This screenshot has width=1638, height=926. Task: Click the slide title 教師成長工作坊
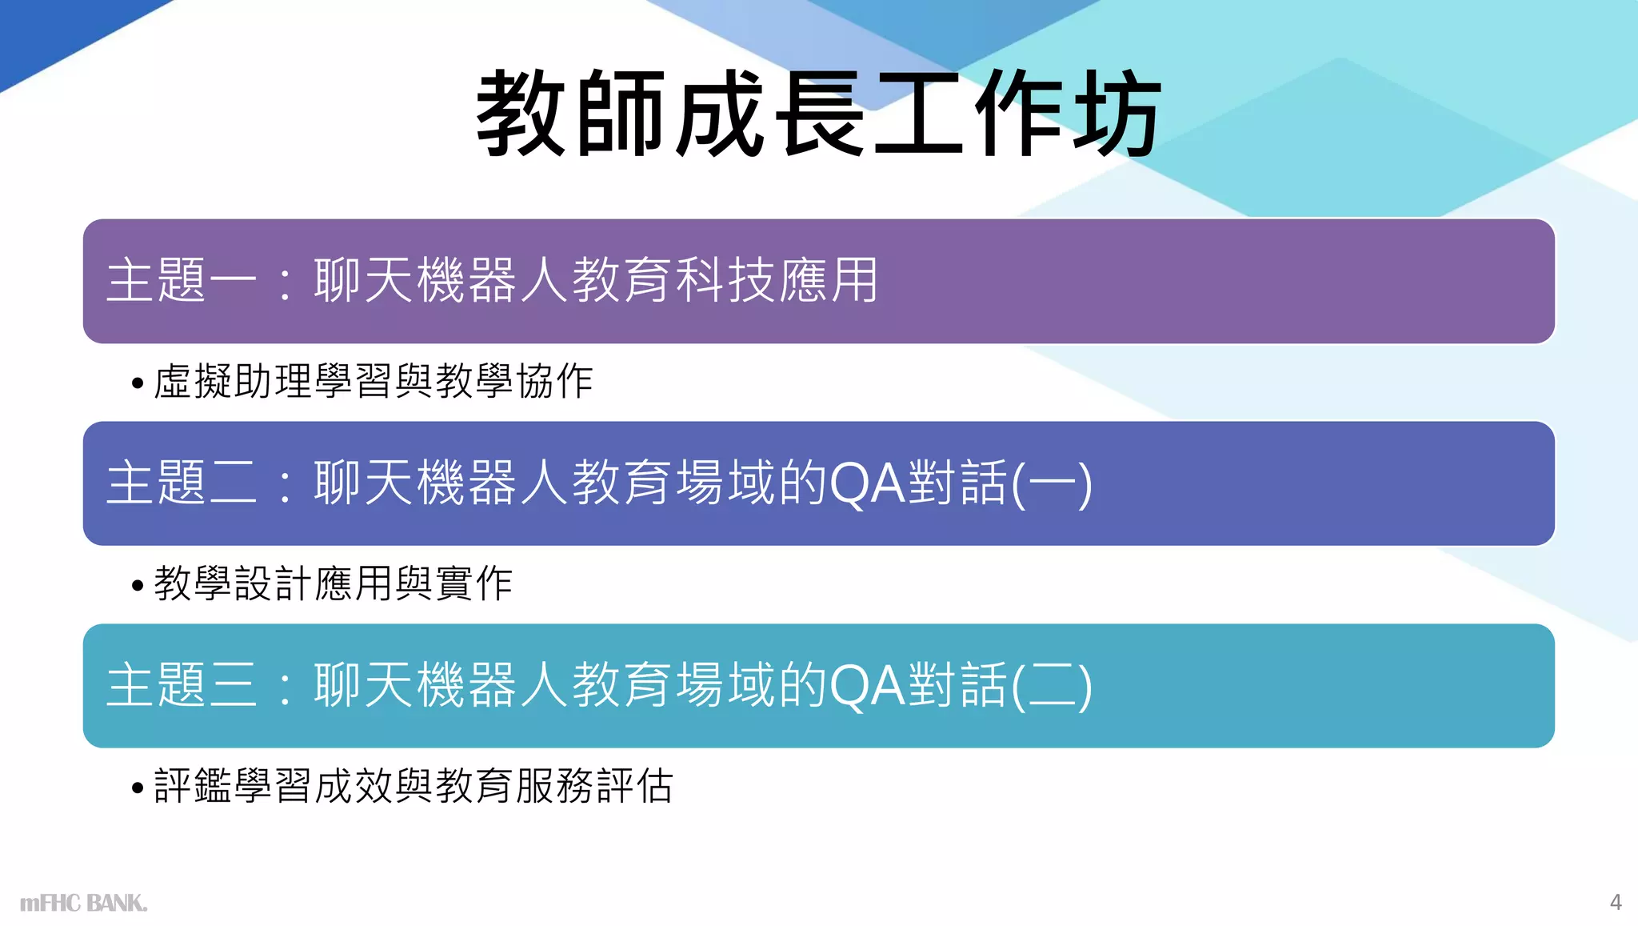818,113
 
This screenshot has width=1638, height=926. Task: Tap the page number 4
1615,902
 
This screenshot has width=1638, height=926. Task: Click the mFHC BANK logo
83,903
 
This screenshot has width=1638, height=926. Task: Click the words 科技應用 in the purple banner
777,281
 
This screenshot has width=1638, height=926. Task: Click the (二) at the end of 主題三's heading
1053,686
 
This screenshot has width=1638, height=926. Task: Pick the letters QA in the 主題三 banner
868,686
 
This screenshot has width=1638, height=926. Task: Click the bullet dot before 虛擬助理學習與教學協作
138,383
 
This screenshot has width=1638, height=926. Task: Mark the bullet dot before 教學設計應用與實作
138,585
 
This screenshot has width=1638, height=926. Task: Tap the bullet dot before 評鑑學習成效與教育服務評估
138,788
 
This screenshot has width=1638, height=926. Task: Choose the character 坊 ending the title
1117,113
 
